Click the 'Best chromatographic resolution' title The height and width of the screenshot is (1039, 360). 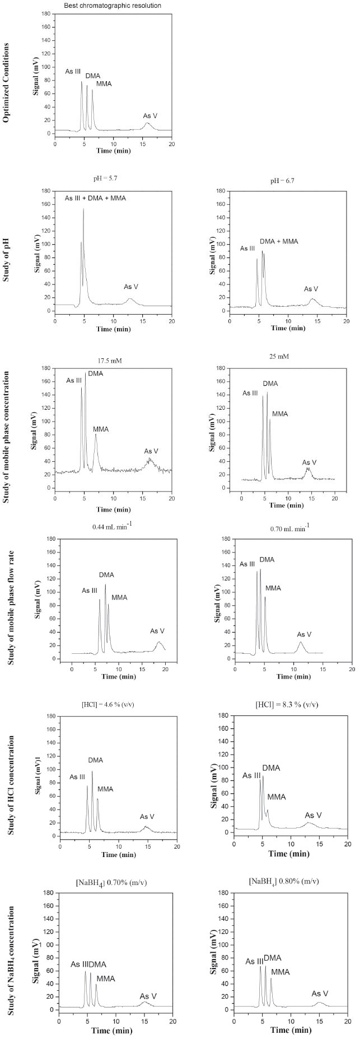(x=114, y=6)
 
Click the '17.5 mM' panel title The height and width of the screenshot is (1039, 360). (x=109, y=361)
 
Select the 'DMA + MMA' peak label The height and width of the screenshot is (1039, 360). (x=279, y=241)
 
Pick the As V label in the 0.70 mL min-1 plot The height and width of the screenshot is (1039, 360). (x=304, y=634)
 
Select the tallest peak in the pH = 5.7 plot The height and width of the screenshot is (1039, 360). (x=83, y=209)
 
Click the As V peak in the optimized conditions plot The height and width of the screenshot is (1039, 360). (x=147, y=124)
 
